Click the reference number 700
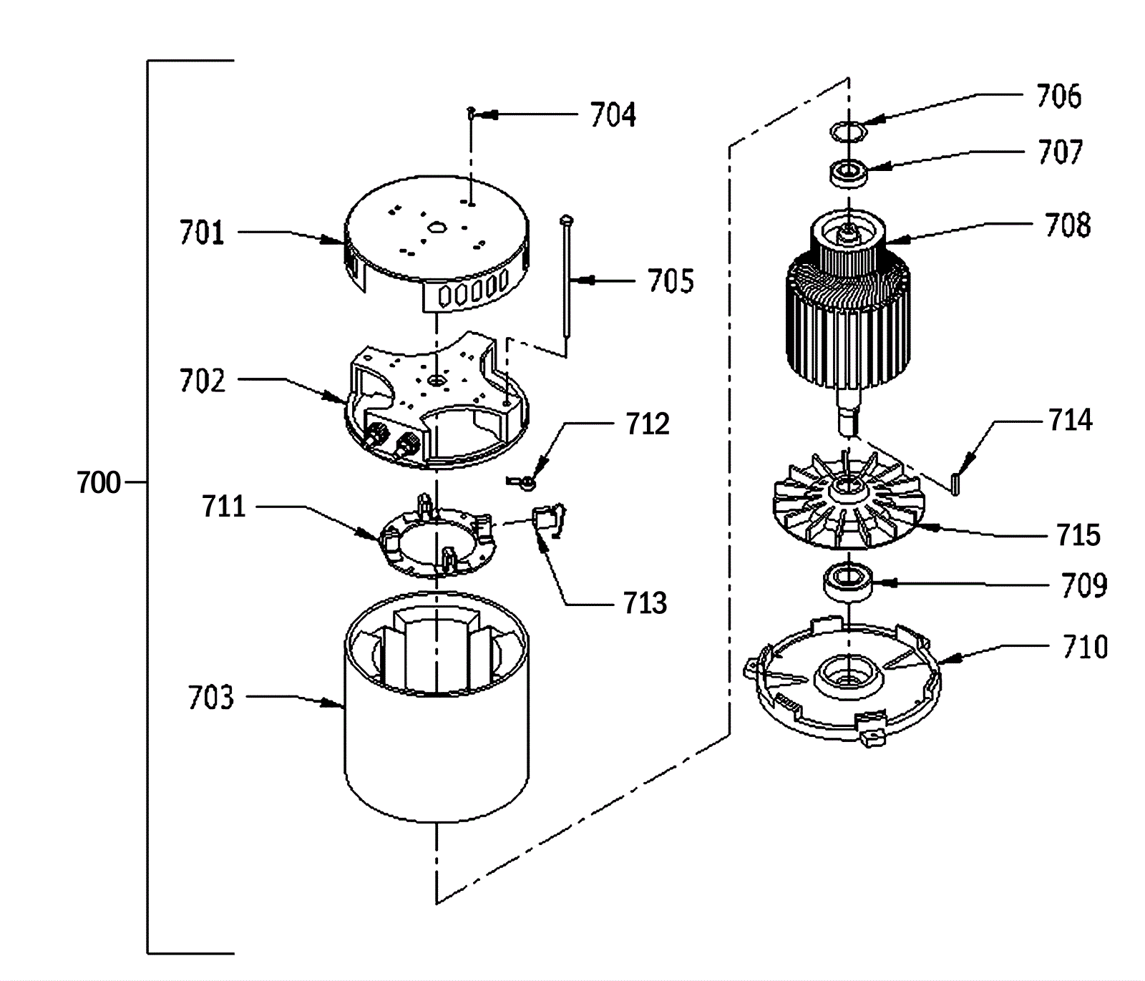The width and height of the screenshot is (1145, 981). tap(99, 483)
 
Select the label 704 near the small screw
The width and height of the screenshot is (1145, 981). tap(613, 114)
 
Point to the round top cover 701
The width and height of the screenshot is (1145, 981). tap(437, 247)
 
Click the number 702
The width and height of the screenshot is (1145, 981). tap(202, 381)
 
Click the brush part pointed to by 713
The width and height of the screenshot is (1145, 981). tap(550, 520)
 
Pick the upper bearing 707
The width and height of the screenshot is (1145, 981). tap(849, 173)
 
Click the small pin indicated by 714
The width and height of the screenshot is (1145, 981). tap(955, 479)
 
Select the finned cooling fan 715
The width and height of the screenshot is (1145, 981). tap(849, 502)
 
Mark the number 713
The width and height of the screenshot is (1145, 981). tap(645, 603)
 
